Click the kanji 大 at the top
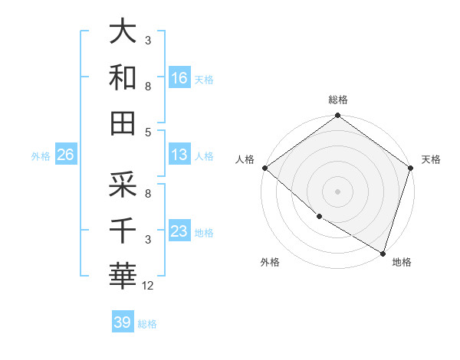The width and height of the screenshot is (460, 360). point(123,32)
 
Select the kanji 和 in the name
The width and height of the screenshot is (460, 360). point(123,78)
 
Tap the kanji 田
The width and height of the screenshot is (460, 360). point(123,123)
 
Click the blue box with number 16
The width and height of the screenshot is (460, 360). point(179,77)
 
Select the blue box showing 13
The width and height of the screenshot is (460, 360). point(179,155)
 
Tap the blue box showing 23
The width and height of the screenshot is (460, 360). point(179,231)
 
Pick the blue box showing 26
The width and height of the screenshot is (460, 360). point(65,155)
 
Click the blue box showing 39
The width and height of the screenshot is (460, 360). point(123,322)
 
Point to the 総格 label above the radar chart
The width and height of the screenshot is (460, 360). point(338,100)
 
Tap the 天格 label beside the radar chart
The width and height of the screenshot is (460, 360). point(431,159)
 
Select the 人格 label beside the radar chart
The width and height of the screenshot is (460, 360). point(245,159)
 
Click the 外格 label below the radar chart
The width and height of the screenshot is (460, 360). point(270,263)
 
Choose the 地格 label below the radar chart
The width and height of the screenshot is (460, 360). point(402,263)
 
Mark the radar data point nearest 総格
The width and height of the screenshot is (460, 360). point(338,116)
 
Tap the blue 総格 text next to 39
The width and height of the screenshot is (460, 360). point(147,324)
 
